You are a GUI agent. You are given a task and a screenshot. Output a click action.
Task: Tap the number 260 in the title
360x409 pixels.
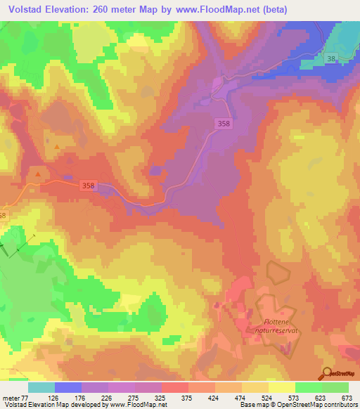104,8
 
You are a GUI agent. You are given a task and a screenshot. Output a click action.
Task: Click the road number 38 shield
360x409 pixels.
331,60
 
